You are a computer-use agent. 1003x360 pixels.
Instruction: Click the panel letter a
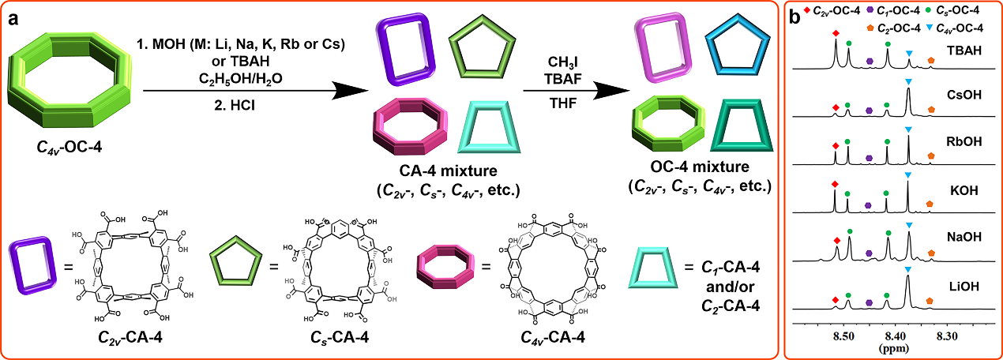pos(14,19)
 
